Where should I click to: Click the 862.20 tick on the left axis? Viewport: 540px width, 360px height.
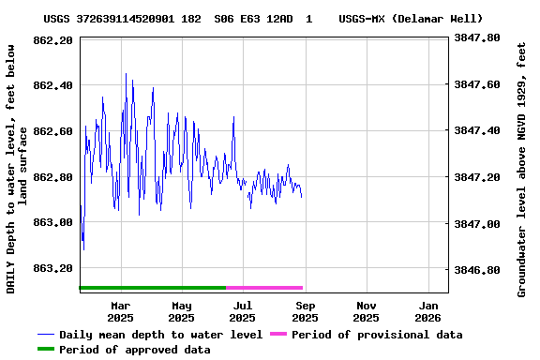(x=52, y=40)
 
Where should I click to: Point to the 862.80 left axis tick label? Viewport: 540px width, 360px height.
(x=52, y=177)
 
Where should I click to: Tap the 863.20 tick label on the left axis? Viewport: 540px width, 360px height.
(x=52, y=268)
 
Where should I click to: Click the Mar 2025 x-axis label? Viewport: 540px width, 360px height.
(x=120, y=311)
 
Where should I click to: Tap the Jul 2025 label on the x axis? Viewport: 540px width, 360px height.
(x=243, y=311)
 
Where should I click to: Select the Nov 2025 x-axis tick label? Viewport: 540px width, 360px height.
(x=367, y=311)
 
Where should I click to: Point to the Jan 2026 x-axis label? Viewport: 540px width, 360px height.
(x=428, y=311)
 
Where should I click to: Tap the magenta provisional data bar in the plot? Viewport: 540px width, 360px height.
(x=264, y=288)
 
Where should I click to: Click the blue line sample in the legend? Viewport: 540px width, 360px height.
(x=46, y=335)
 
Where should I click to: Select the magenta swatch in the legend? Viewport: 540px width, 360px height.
(x=277, y=335)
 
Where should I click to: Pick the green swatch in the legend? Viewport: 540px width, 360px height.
(x=46, y=350)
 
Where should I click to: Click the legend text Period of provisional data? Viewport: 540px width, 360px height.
(x=377, y=335)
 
